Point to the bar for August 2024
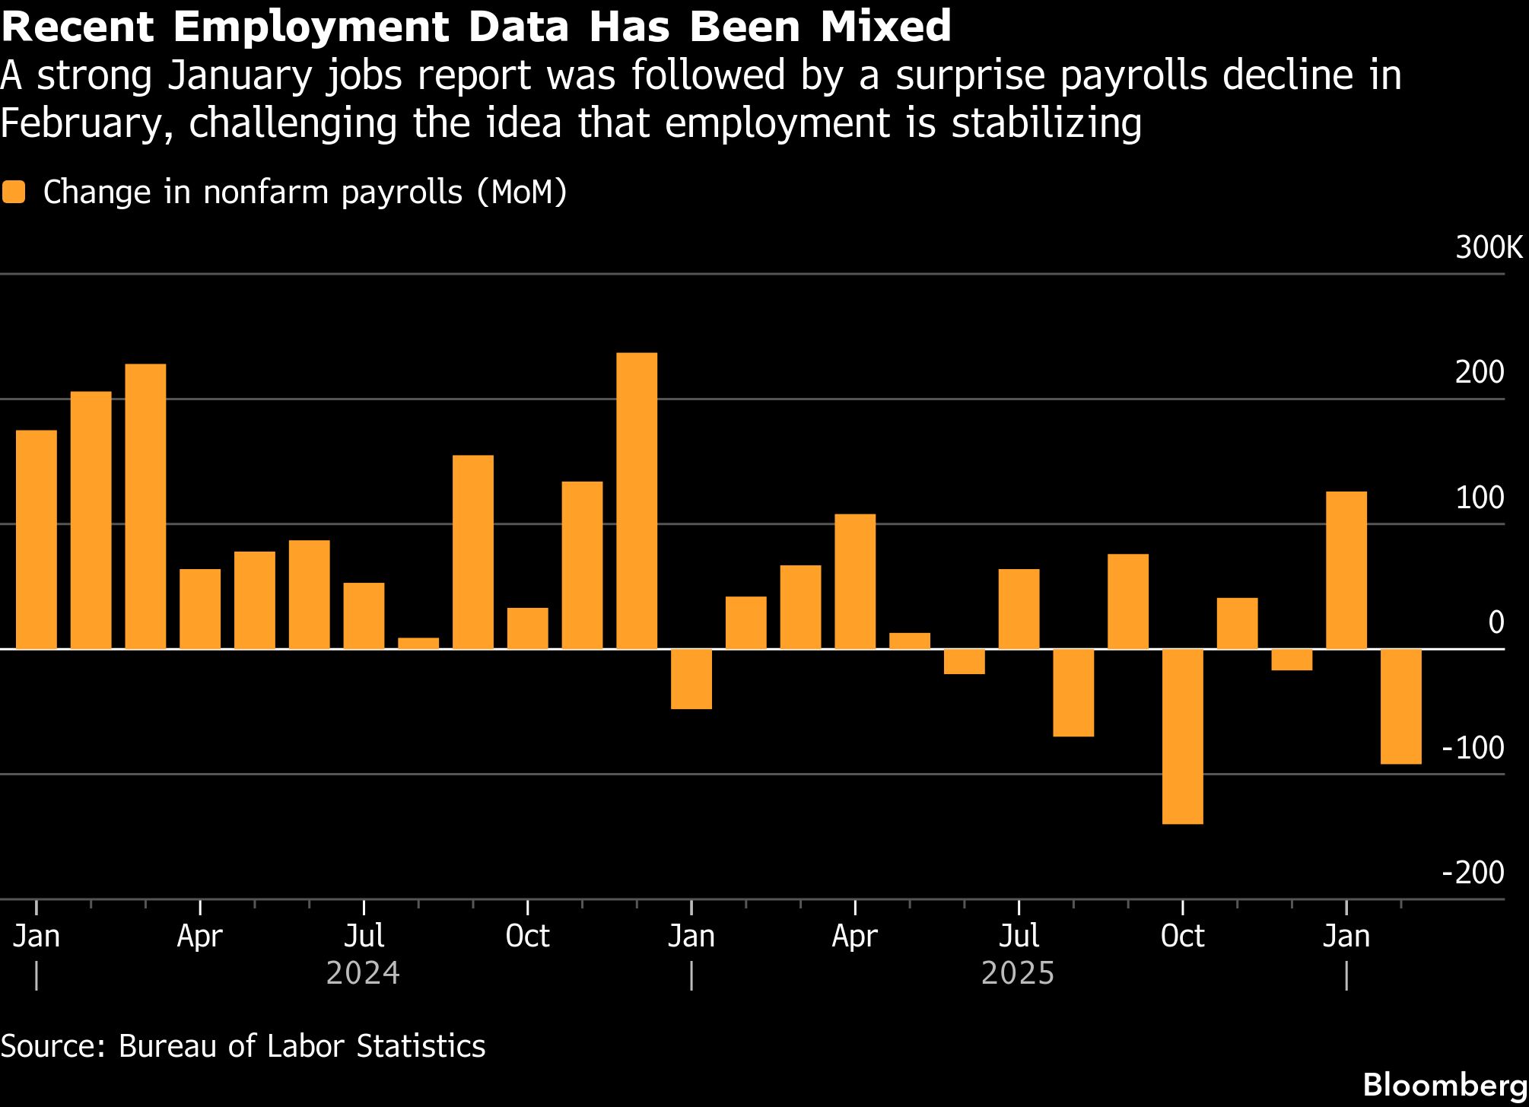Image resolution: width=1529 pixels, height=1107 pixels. [418, 644]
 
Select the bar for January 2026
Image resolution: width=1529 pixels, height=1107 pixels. [1346, 570]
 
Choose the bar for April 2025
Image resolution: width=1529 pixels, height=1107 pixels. [855, 581]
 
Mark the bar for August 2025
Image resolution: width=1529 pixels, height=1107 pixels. [1073, 692]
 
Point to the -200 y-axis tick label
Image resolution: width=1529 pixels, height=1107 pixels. [1473, 873]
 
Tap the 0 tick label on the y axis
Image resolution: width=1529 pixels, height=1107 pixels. [1496, 622]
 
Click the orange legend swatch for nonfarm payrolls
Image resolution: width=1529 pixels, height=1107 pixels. [14, 192]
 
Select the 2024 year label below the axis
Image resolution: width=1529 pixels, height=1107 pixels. [363, 973]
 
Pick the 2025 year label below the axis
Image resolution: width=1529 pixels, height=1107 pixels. [1018, 973]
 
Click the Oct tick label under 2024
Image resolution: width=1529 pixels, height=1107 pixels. [527, 936]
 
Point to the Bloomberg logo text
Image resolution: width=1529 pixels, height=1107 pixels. [1445, 1084]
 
